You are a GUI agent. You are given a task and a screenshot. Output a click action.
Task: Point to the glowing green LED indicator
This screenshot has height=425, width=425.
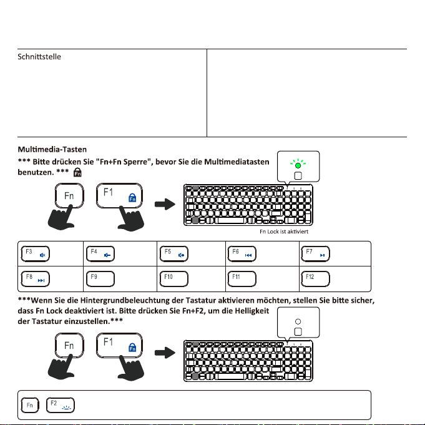tap(298, 166)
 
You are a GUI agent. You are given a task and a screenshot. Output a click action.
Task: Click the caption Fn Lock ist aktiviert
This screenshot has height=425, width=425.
tap(284, 230)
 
